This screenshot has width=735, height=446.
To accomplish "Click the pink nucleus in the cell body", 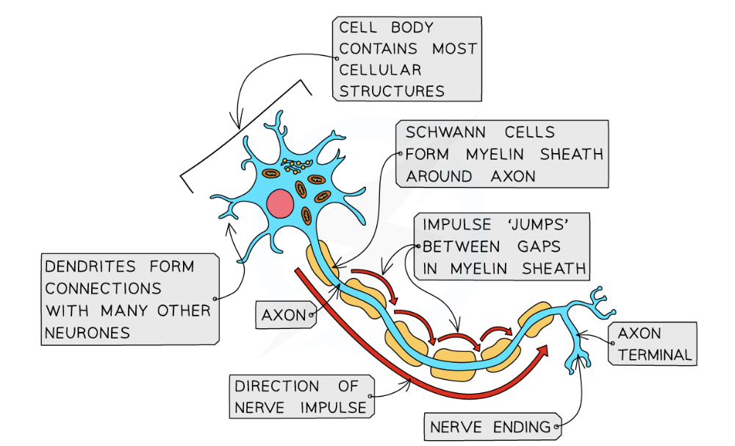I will click(280, 203).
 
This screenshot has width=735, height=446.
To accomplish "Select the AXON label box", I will click(284, 316).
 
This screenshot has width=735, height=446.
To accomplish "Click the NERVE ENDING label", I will click(490, 427).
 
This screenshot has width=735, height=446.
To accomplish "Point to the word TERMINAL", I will click(655, 355).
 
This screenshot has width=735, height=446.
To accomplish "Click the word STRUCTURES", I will click(392, 92).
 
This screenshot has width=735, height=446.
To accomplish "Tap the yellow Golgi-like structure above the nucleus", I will click(297, 163).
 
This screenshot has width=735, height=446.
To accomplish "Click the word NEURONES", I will click(87, 333).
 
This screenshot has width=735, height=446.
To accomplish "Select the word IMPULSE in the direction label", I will click(330, 407).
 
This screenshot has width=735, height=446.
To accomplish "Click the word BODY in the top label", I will click(408, 28).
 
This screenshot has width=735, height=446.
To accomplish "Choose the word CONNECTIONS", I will click(103, 288).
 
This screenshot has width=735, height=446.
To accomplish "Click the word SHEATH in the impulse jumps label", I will click(554, 269).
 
